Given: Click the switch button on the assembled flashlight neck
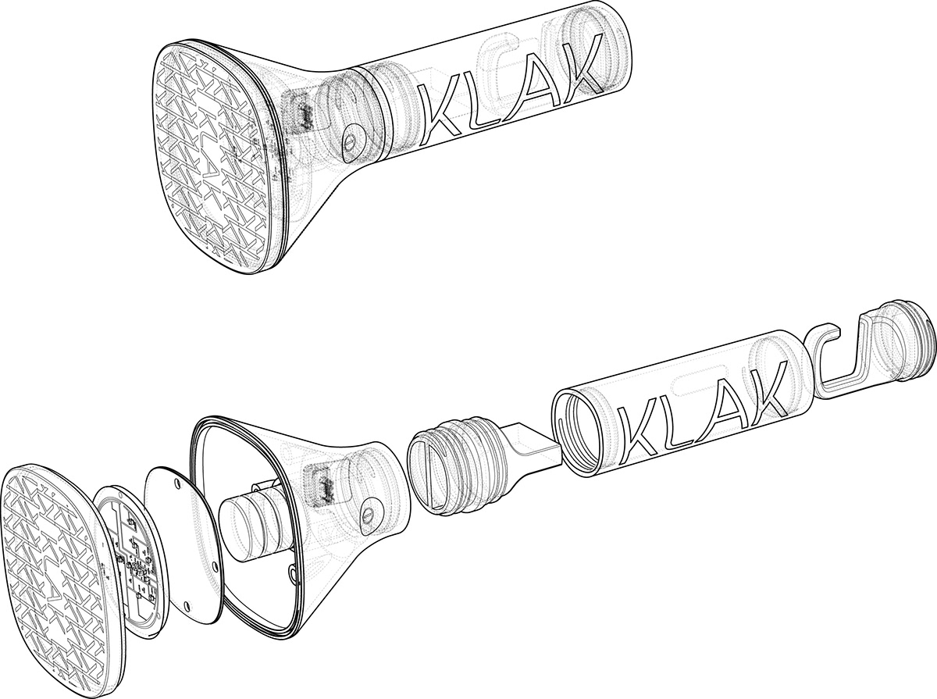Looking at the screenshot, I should click(354, 144).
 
